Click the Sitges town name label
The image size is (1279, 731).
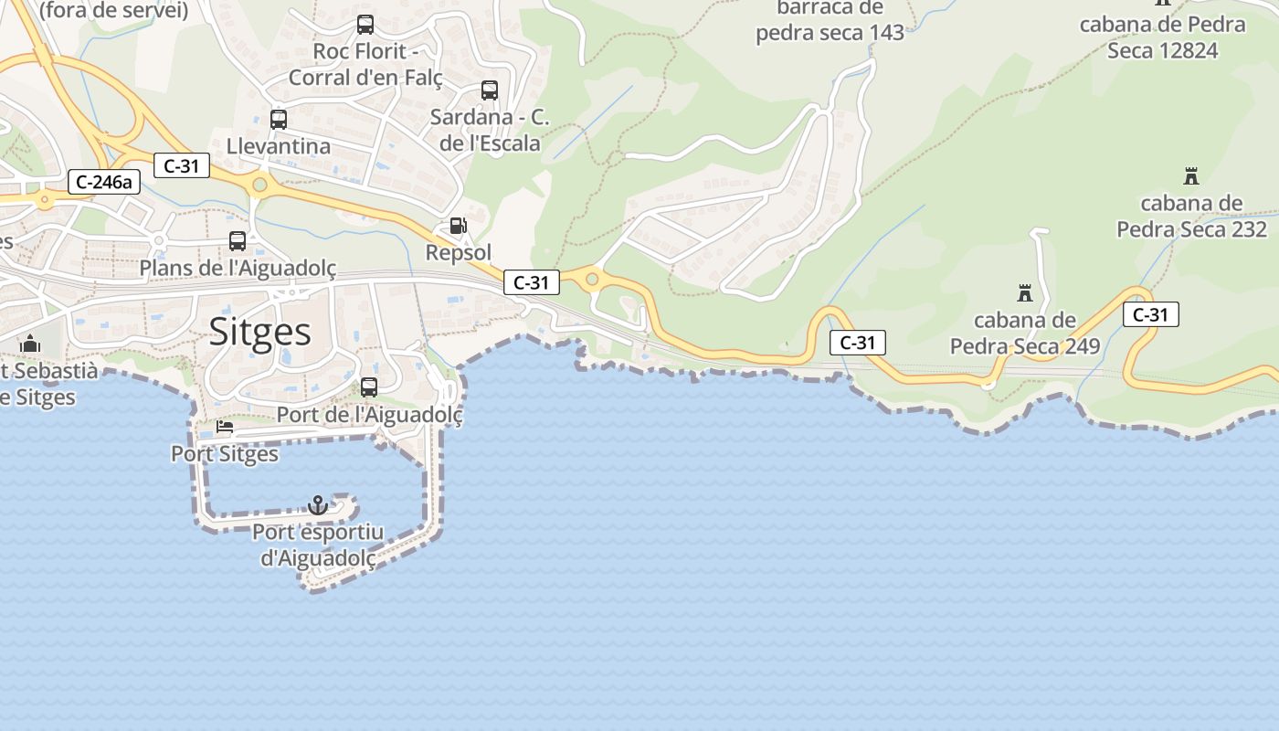260,332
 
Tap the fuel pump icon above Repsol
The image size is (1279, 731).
458,225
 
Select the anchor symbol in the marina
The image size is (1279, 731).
318,504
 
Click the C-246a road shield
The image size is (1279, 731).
104,182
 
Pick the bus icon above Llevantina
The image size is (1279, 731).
279,119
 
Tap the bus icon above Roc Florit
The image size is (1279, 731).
365,25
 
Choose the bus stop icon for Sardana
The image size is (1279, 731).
490,90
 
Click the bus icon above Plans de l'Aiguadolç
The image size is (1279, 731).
238,240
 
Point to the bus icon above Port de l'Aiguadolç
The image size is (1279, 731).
369,387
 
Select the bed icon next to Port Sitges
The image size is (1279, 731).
225,427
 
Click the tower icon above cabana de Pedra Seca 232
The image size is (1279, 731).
1191,175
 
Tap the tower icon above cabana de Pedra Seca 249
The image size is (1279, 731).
1024,293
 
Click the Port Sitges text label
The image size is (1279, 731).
225,453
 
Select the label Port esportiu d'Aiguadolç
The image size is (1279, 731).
318,545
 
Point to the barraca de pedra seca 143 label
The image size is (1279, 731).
830,20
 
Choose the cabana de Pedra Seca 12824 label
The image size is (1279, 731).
1162,37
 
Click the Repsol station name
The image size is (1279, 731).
459,252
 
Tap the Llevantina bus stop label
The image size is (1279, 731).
279,146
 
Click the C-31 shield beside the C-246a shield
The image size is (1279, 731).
182,165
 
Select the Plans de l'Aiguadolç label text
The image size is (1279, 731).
238,268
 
